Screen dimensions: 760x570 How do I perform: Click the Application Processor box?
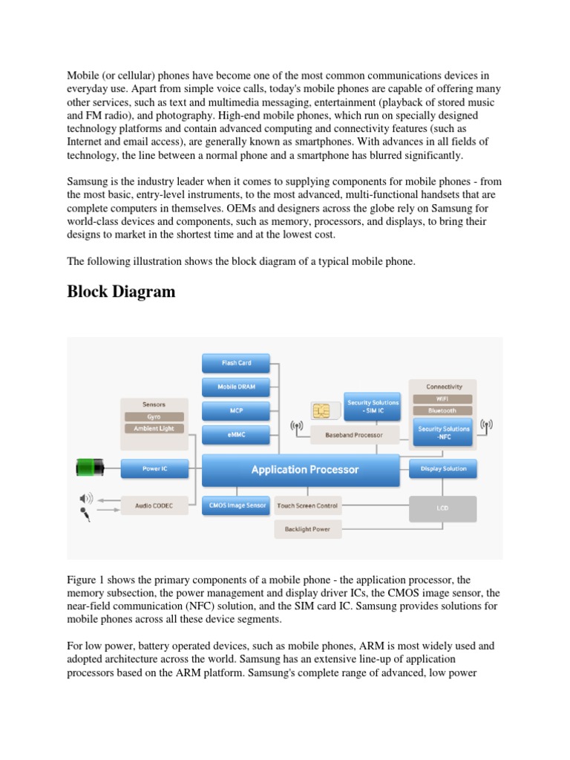coord(304,469)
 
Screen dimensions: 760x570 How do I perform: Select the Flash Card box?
coord(236,363)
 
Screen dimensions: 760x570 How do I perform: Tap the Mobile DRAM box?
coord(236,387)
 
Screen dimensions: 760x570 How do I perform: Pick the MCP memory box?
coord(236,410)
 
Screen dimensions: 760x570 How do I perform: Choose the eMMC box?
coord(236,433)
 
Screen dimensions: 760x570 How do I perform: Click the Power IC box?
coord(154,468)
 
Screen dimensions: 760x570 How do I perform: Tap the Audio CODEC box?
coord(154,506)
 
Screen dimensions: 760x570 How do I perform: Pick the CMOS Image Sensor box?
coord(236,505)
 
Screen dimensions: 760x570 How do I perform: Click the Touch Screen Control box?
coord(307,505)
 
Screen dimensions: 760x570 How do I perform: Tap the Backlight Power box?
coord(307,529)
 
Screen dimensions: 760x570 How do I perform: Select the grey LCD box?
coord(443,508)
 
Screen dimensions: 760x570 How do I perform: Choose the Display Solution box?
coord(443,468)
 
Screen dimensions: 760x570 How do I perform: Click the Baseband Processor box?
coord(354,434)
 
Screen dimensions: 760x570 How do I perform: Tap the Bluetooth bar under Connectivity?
coord(443,410)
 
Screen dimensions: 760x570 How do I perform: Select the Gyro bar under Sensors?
coord(154,417)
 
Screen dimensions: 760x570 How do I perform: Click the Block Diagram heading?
coord(121,292)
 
